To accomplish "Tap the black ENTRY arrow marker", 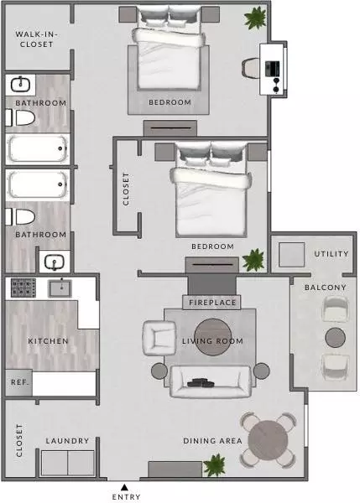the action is [124, 488].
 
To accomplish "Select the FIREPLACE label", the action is [212, 303].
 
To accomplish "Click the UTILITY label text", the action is [331, 254].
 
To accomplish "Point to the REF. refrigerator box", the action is [18, 382].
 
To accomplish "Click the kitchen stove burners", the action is [23, 288].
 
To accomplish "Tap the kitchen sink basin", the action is [60, 288].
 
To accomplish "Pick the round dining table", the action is [269, 439].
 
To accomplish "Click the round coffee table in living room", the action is [212, 337].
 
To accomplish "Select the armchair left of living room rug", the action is [159, 338].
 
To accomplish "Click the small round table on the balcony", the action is [336, 338].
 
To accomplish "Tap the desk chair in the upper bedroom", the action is [251, 68].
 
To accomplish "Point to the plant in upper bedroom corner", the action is [255, 18].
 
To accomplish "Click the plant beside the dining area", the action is [215, 464].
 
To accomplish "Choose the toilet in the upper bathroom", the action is [20, 117].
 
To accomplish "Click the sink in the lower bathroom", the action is [55, 262].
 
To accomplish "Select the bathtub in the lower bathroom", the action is [38, 184].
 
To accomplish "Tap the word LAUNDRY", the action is [67, 441].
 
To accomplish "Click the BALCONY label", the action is [326, 287].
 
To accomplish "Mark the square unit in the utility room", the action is [291, 255].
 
